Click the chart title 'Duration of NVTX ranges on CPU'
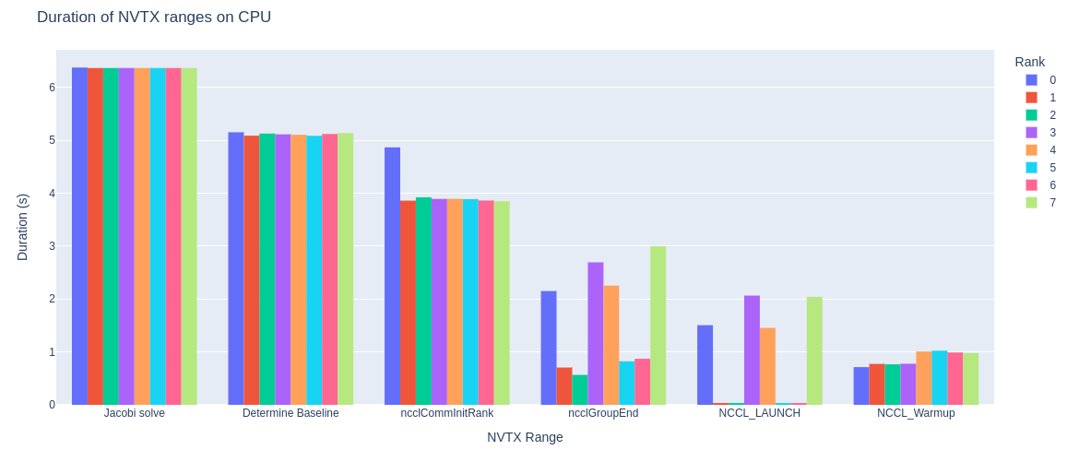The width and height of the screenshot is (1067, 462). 154,18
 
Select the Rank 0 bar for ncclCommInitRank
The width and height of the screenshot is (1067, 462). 392,276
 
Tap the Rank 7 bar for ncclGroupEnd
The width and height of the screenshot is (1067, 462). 658,325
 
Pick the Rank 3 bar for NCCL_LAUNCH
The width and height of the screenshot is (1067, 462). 752,349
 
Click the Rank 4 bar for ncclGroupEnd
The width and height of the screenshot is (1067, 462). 611,345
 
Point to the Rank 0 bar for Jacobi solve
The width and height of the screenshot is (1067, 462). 79,236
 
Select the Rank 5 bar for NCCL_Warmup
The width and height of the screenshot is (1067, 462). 939,377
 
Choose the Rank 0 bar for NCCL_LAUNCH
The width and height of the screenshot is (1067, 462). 705,364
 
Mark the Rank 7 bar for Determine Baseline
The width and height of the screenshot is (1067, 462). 345,268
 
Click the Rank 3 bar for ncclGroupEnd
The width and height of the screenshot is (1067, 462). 595,333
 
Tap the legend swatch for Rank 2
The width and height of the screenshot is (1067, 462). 1031,115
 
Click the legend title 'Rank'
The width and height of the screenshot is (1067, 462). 1029,62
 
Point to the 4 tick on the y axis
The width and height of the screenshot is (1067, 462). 52,194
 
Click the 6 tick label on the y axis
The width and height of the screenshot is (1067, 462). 52,88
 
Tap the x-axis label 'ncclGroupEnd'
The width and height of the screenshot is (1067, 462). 603,413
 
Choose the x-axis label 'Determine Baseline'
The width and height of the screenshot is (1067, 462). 290,413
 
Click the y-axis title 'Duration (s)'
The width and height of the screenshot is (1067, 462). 23,227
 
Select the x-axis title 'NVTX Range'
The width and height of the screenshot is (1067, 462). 525,437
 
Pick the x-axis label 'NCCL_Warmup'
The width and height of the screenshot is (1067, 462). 916,413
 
